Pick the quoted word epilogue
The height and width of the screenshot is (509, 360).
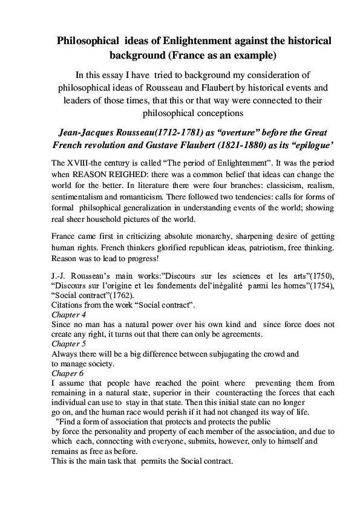coord(299,147)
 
